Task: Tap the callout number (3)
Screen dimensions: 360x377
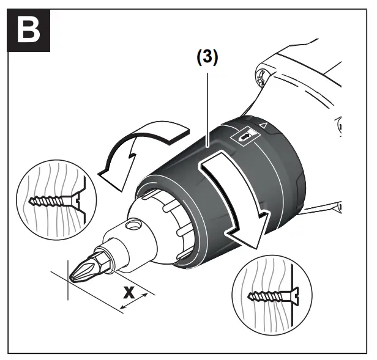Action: click(x=206, y=57)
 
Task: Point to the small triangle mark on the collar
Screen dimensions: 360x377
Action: click(x=264, y=125)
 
